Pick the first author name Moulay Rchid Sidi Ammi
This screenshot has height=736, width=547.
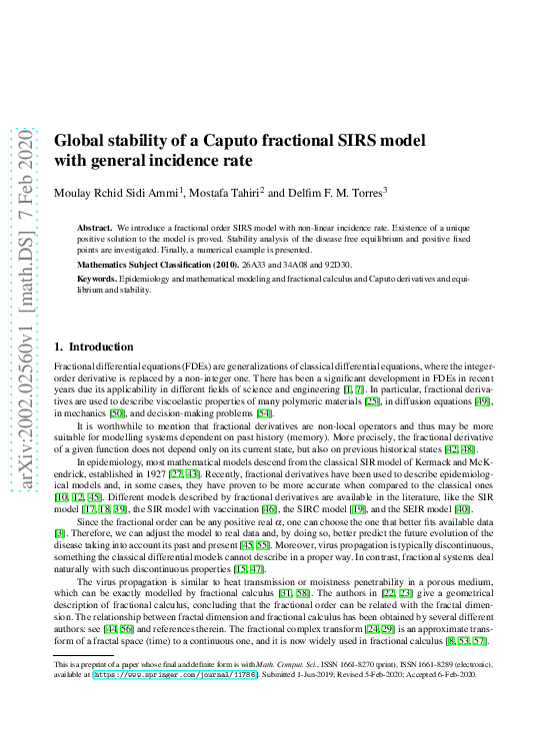(x=118, y=192)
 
